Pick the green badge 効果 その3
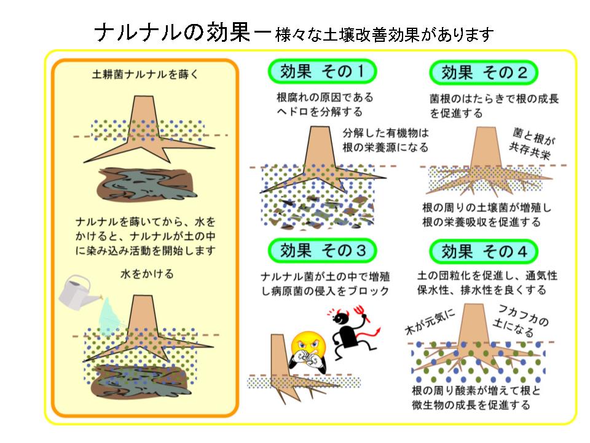pyautogui.click(x=322, y=250)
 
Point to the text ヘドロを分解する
pyautogui.click(x=319, y=111)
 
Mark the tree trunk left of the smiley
pyautogui.click(x=278, y=353)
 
